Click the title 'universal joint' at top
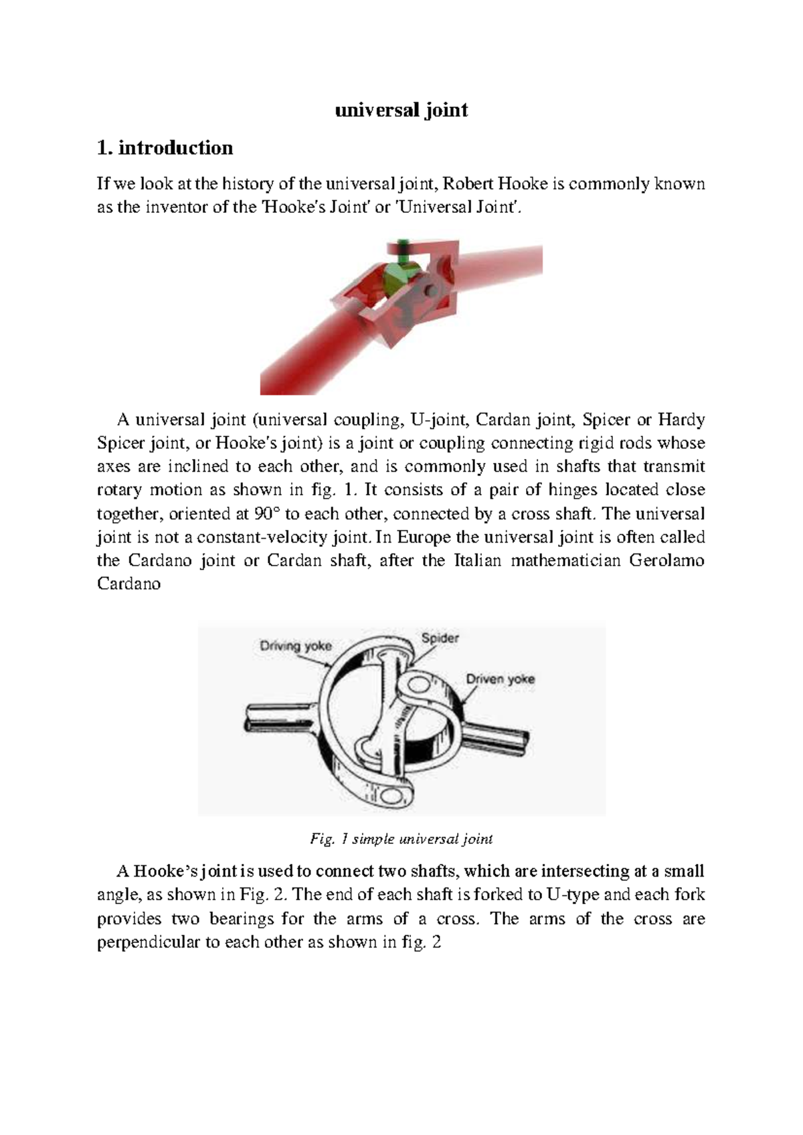pyautogui.click(x=401, y=110)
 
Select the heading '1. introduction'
pyautogui.click(x=165, y=148)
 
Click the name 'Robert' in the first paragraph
pyautogui.click(x=468, y=183)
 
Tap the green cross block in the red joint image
pyautogui.click(x=399, y=275)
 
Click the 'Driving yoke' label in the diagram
pyautogui.click(x=295, y=646)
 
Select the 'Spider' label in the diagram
pyautogui.click(x=440, y=638)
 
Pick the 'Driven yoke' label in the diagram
pyautogui.click(x=500, y=679)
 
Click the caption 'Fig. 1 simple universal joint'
pyautogui.click(x=401, y=839)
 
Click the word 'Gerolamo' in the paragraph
pyautogui.click(x=666, y=560)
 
